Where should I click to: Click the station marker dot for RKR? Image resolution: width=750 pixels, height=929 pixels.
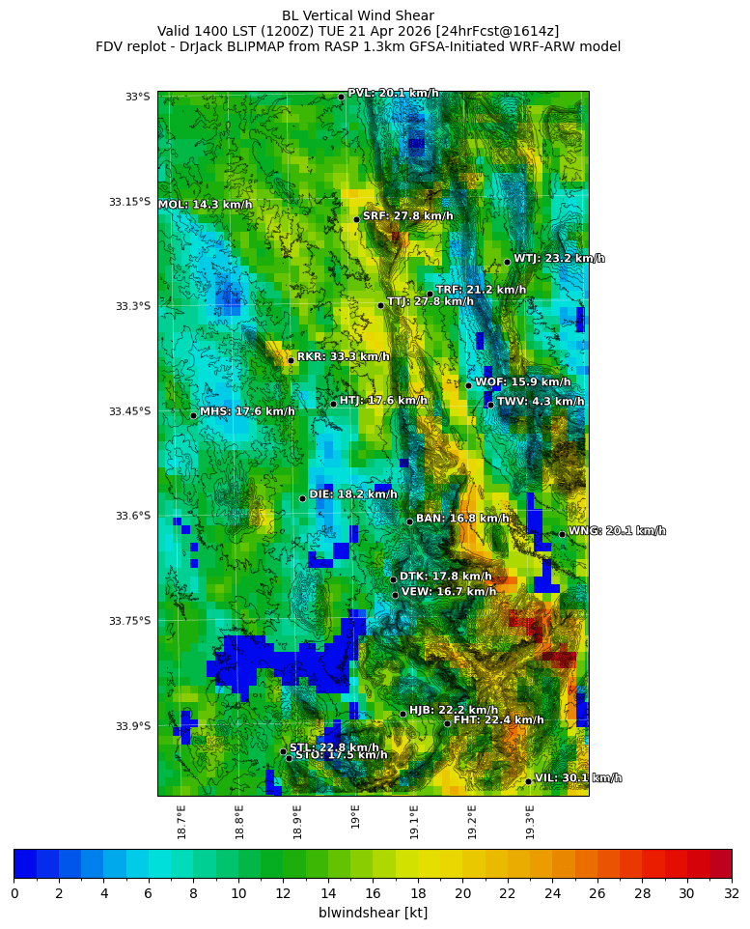[291, 360]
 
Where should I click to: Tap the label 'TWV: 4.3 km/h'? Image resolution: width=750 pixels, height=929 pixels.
[540, 402]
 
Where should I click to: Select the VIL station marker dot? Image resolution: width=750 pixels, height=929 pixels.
[529, 781]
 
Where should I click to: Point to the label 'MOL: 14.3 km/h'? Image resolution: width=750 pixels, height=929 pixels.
[205, 205]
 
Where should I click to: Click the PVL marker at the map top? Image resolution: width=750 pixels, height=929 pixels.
[341, 97]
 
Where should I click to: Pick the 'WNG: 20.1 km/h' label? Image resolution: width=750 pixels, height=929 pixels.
[617, 531]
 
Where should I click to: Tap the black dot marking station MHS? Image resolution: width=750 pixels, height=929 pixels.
[193, 415]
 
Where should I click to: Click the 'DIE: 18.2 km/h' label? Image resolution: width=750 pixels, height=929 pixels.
[352, 494]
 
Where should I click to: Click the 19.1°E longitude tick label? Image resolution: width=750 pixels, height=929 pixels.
[414, 822]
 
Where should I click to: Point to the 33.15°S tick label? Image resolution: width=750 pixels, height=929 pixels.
[129, 202]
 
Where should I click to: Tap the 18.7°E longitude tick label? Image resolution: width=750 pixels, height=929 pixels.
[181, 822]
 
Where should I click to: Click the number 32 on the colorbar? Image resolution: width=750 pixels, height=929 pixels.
[731, 893]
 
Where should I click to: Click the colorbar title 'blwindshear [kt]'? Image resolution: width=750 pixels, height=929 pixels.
[373, 913]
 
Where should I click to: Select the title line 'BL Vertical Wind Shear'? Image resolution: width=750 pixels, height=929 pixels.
[358, 15]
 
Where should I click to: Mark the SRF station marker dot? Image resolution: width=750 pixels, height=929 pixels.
[356, 219]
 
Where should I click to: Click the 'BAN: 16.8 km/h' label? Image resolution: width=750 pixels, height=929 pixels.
[462, 519]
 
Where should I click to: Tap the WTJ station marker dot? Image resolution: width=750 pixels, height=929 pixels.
[507, 262]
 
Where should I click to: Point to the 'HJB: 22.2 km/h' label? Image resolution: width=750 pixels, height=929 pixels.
[454, 710]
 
